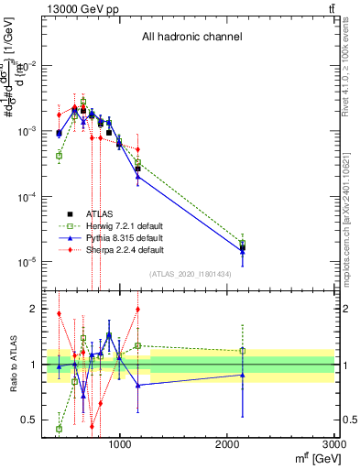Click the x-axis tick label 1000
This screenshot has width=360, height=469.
click(120, 444)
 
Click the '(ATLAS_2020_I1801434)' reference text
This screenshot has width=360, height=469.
click(191, 274)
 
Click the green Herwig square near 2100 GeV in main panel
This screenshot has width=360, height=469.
click(243, 244)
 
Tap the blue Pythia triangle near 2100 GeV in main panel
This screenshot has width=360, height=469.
click(243, 250)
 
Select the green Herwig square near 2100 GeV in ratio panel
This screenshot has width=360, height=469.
click(243, 351)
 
